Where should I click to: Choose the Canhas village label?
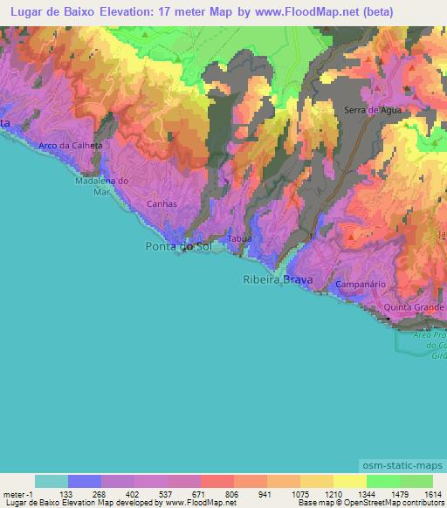tap(162, 204)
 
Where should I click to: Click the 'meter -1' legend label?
tap(17, 493)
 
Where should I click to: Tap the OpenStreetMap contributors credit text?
tap(394, 504)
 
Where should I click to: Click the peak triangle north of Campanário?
tap(351, 237)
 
